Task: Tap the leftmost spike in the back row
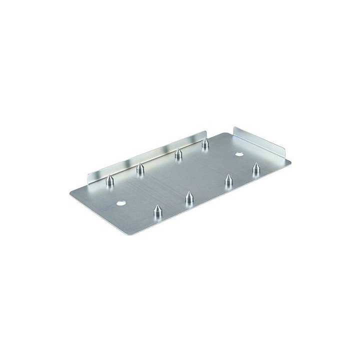109,180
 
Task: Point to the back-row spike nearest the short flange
204,145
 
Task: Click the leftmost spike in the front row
157,213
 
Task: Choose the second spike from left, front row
189,198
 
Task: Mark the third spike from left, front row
228,181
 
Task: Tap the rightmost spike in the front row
257,168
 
